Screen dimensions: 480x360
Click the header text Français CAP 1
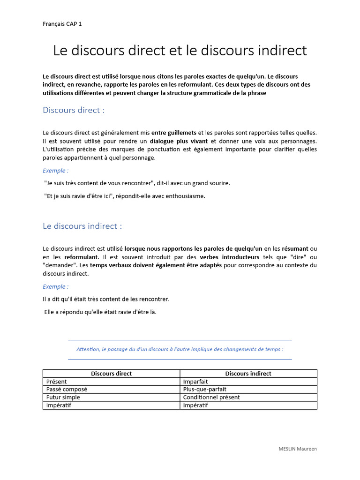point(62,24)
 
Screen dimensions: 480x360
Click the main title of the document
point(180,51)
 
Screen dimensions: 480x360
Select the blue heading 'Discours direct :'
point(74,110)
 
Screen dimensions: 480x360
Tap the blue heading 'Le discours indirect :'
point(82,226)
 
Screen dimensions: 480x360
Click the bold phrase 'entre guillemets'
point(174,133)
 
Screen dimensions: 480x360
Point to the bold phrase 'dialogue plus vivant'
point(179,141)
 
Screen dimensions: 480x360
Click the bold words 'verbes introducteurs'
point(230,257)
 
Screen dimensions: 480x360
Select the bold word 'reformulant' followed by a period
point(82,257)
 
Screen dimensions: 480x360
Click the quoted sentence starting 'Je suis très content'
point(137,183)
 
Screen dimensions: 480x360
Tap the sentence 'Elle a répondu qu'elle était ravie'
point(100,312)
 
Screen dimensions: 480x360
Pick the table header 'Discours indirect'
point(248,374)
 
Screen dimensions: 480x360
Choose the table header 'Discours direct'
point(111,374)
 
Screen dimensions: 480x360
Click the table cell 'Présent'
point(57,382)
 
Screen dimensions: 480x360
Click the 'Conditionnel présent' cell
point(211,397)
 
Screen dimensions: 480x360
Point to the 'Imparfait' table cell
point(195,382)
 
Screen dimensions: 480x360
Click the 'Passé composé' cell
point(67,390)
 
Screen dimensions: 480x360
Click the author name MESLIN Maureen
point(298,449)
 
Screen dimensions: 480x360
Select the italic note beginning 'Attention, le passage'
point(180,349)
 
